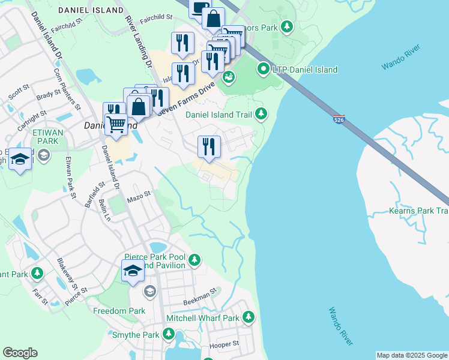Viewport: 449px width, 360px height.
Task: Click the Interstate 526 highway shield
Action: coord(339,119)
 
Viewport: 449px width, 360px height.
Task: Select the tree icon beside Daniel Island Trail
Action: coord(261,113)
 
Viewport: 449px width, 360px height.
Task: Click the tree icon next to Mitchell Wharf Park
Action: coord(247,317)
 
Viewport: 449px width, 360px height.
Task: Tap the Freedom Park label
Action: coord(119,311)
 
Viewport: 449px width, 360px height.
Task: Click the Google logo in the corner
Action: coord(20,353)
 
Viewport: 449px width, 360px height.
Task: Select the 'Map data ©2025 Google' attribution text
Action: coord(412,355)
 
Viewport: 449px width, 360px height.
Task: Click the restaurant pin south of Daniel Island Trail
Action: coord(209,146)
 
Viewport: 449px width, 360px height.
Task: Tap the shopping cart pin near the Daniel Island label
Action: coord(116,125)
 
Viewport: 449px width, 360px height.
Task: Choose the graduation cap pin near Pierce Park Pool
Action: coord(133,271)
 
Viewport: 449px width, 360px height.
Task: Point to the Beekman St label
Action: coord(199,296)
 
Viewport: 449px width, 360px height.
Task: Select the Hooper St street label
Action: coord(224,344)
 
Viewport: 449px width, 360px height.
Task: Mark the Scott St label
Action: coord(19,92)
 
